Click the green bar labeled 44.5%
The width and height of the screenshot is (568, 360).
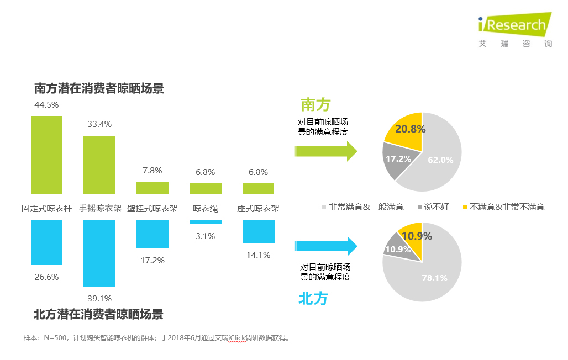click(46, 155)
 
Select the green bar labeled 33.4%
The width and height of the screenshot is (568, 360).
click(99, 165)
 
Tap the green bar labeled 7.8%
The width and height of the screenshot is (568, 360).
click(152, 188)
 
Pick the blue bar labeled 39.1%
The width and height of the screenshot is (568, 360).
click(99, 253)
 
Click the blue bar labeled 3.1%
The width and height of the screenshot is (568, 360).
click(206, 222)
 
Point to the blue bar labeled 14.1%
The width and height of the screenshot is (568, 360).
click(259, 231)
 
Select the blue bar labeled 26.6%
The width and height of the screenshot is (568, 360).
click(46, 242)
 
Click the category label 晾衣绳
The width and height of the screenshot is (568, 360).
click(205, 209)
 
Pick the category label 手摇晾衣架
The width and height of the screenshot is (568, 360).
click(99, 209)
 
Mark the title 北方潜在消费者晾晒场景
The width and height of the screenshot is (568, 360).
click(98, 315)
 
